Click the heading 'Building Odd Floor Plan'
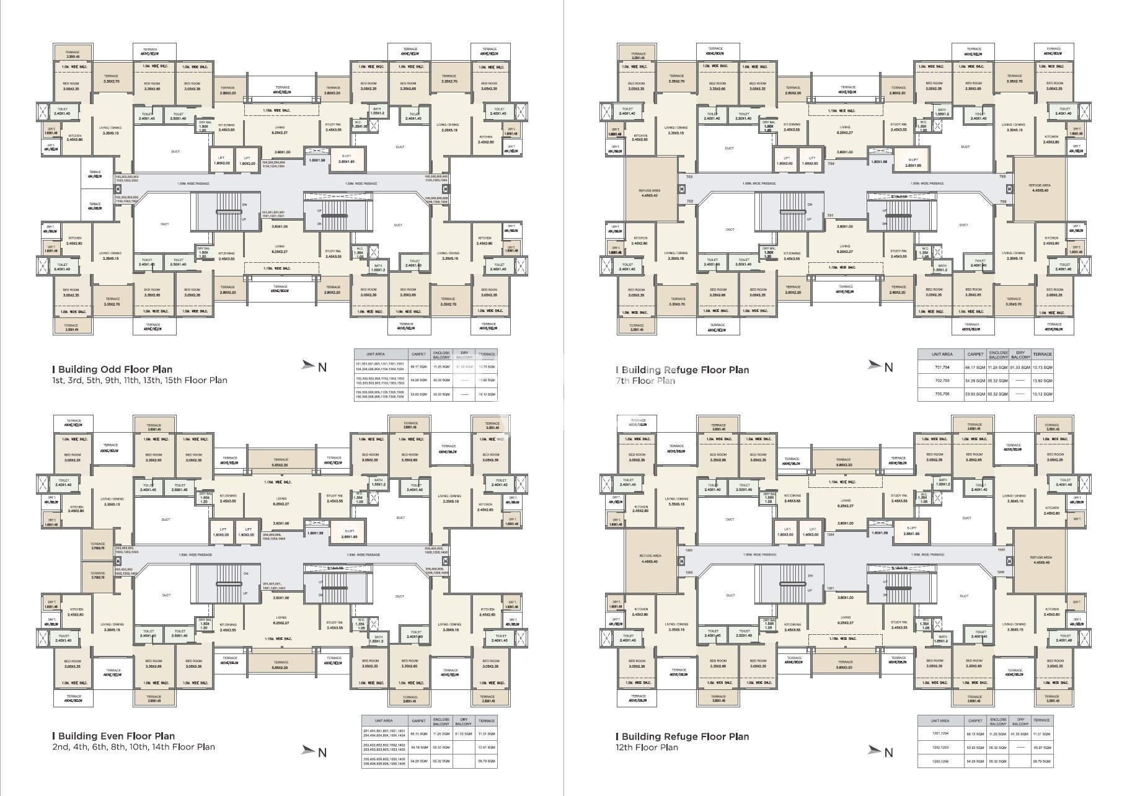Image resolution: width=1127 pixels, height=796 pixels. [x=115, y=369]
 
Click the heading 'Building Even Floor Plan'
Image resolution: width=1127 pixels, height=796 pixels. [x=116, y=736]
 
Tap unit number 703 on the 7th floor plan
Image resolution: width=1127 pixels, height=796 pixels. [x=689, y=177]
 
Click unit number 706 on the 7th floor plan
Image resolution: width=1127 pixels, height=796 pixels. [x=1002, y=201]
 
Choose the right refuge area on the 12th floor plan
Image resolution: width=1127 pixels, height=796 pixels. [x=1036, y=560]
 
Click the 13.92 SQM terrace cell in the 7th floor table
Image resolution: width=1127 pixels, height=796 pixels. [x=1043, y=381]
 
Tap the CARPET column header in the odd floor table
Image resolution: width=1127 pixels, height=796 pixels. [x=418, y=354]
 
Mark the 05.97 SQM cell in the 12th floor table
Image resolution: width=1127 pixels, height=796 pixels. [x=1042, y=748]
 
